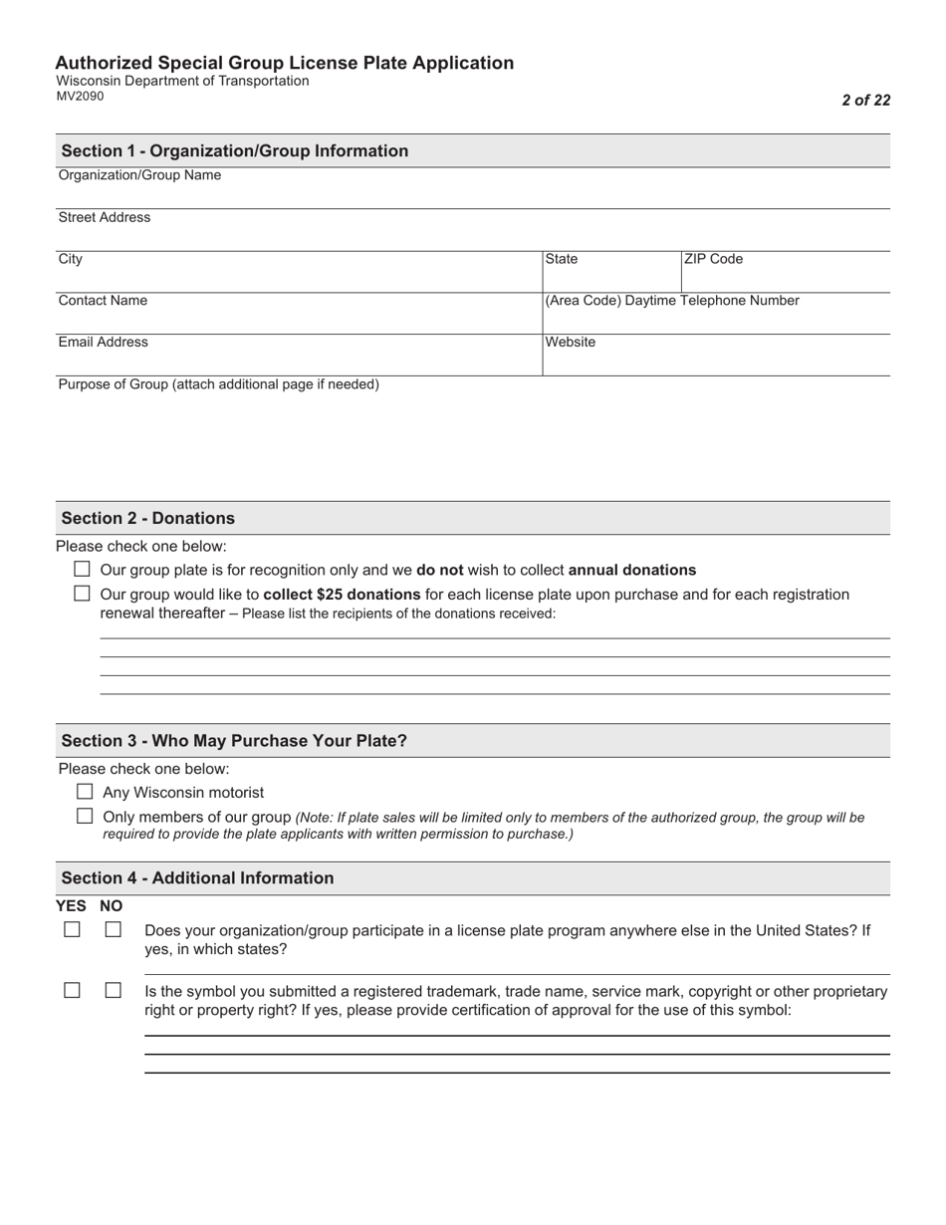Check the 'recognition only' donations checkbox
pyautogui.click(x=83, y=570)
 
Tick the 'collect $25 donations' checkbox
pyautogui.click(x=83, y=594)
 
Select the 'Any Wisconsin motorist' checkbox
pyautogui.click(x=85, y=792)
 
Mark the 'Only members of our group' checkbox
pyautogui.click(x=85, y=816)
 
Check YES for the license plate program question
pyautogui.click(x=72, y=929)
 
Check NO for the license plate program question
pyautogui.click(x=113, y=929)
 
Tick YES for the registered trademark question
pyautogui.click(x=72, y=990)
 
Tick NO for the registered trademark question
pyautogui.click(x=113, y=990)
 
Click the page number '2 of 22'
pyautogui.click(x=865, y=100)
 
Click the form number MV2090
pyautogui.click(x=80, y=97)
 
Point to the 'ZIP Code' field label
pyautogui.click(x=713, y=259)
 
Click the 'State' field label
pyautogui.click(x=562, y=259)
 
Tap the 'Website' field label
pyautogui.click(x=571, y=342)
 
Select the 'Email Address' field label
pyautogui.click(x=103, y=342)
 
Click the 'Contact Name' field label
pyautogui.click(x=103, y=300)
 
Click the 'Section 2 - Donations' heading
pyautogui.click(x=148, y=518)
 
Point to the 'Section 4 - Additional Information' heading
pyautogui.click(x=197, y=877)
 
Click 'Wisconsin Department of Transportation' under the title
pyautogui.click(x=182, y=81)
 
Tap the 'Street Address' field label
pyautogui.click(x=105, y=217)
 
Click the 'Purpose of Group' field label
pyautogui.click(x=218, y=383)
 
